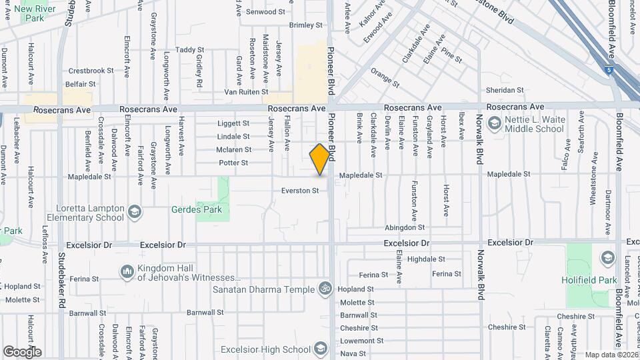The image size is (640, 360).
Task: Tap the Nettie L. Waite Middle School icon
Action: click(495, 123)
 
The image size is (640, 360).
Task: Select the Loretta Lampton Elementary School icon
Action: click(135, 212)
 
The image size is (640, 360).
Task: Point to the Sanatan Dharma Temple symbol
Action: click(325, 289)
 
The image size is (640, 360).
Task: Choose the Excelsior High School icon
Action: click(321, 348)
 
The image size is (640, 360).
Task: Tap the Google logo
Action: click(22, 351)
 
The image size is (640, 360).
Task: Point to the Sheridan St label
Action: click(505, 90)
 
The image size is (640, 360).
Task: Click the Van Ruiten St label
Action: click(246, 92)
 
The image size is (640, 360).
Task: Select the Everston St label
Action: click(303, 191)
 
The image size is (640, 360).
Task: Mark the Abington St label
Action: click(405, 227)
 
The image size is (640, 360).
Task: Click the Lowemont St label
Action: click(359, 341)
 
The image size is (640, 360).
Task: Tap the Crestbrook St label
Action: click(92, 71)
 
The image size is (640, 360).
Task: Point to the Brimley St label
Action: click(306, 25)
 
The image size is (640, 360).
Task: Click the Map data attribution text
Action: click(611, 355)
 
